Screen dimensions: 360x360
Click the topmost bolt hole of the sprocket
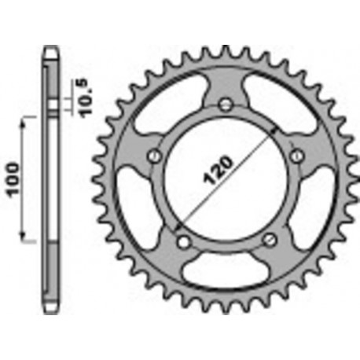(x=226, y=104)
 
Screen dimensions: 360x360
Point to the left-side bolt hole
(x=154, y=156)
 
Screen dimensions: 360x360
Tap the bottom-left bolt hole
(x=182, y=241)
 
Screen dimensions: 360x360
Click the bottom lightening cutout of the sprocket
(x=226, y=272)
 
